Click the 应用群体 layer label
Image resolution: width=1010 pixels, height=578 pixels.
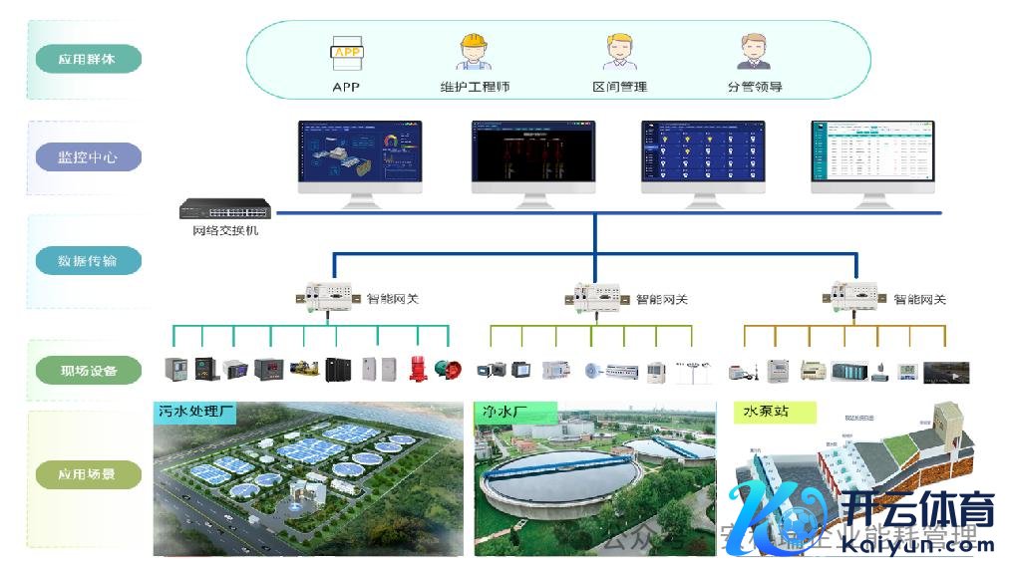(88, 59)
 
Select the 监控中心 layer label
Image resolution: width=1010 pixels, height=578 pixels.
(88, 157)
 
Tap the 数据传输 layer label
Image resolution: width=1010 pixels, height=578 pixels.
(88, 261)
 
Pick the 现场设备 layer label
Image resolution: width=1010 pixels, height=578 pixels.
(88, 371)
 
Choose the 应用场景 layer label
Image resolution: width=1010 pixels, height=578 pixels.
(88, 474)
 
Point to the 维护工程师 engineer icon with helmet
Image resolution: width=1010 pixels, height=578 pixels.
(475, 51)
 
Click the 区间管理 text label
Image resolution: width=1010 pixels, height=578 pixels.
(619, 87)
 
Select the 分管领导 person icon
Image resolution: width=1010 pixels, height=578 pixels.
(754, 51)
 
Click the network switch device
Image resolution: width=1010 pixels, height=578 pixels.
(225, 210)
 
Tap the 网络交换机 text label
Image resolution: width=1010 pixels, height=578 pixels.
(225, 231)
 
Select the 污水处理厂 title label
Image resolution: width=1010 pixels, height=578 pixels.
(195, 411)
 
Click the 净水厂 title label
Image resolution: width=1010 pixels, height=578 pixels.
(505, 411)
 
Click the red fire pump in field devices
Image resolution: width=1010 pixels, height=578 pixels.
(417, 370)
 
